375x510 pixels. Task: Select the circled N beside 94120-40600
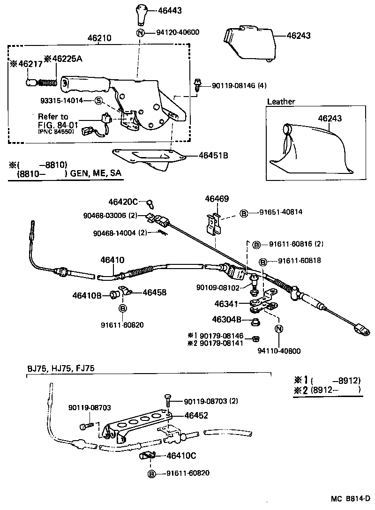[140, 32]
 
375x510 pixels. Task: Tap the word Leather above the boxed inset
[281, 101]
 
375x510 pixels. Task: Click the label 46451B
[213, 155]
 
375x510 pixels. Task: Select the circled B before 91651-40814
[243, 213]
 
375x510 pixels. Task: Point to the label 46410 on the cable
[112, 260]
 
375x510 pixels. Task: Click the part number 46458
[154, 292]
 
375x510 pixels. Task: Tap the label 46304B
[226, 320]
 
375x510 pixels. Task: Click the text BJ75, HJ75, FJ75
[60, 368]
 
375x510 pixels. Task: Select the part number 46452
[196, 415]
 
